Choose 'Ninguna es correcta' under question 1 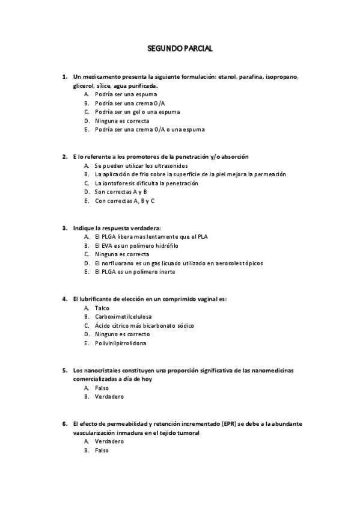tap(121, 120)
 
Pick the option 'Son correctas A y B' tap(120, 192)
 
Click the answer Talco tap(102, 308)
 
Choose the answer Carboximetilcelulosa tap(123, 316)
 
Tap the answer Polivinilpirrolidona tap(120, 343)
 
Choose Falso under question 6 tap(102, 450)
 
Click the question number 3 tap(64, 228)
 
